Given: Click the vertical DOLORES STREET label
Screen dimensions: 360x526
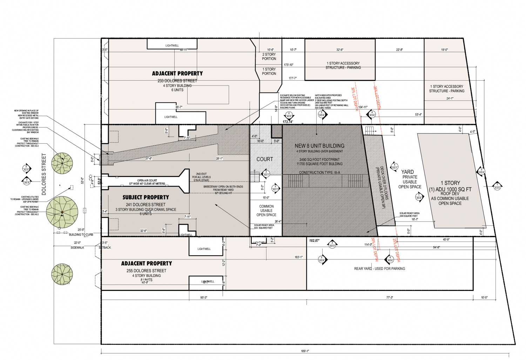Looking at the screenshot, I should (44, 174).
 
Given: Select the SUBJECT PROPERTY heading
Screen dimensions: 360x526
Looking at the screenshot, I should (146, 197).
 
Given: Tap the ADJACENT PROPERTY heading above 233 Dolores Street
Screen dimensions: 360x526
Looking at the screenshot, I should (177, 74).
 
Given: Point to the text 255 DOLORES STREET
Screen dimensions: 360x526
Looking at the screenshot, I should (146, 271).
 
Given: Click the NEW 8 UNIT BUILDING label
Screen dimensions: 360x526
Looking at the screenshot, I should (319, 146).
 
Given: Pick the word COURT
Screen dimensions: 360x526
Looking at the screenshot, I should (264, 159).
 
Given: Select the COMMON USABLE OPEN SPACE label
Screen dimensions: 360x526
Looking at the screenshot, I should (266, 211).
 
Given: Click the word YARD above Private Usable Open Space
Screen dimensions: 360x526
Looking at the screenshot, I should (407, 172).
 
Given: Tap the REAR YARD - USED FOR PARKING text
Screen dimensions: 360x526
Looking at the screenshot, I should (379, 269).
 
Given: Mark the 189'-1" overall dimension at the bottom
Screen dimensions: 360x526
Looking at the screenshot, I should (305, 351).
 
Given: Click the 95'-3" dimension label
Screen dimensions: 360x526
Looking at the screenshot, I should (204, 298).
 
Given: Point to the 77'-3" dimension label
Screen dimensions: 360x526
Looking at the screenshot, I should (390, 298).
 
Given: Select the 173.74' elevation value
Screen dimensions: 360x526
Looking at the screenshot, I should (288, 122).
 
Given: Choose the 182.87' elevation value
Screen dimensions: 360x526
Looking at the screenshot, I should (314, 241).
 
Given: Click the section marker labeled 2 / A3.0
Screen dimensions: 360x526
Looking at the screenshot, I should (26, 168).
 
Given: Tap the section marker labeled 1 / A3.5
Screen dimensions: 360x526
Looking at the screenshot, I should (497, 186).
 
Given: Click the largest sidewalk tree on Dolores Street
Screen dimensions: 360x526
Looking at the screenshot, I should (62, 212).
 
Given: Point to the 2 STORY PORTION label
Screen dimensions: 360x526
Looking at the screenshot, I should (269, 56).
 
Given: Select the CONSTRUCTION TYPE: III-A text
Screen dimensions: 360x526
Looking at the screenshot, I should (319, 172).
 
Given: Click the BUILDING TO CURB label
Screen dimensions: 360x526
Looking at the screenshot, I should (81, 235).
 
